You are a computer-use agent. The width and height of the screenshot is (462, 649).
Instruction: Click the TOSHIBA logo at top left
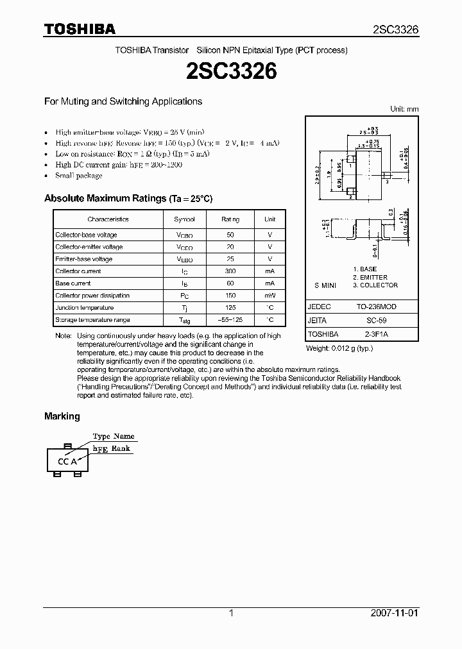click(80, 29)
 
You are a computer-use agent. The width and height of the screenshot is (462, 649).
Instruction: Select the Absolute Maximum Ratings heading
click(128, 199)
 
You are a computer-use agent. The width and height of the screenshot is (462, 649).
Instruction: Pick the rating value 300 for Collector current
click(230, 271)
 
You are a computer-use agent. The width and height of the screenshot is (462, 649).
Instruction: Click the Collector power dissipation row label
click(92, 296)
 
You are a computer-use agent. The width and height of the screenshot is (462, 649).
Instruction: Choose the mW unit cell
click(269, 296)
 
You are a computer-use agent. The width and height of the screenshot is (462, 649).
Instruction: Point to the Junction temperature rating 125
click(230, 308)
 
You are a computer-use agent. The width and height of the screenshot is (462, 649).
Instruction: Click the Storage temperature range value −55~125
click(230, 320)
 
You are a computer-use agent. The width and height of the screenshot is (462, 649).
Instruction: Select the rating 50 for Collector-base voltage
click(230, 235)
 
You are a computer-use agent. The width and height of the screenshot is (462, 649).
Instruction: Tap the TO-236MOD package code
click(377, 307)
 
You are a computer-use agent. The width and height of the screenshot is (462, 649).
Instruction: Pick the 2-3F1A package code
click(377, 334)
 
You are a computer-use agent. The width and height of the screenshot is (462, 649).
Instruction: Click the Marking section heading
click(62, 416)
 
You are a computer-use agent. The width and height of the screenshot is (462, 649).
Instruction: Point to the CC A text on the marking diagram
click(67, 461)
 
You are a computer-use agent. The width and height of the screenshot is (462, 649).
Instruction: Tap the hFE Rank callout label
click(112, 449)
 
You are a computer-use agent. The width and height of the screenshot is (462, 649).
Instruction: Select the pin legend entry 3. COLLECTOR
click(375, 285)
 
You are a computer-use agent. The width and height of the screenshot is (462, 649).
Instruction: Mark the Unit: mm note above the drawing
click(404, 109)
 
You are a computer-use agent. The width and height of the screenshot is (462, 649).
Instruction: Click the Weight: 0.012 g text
click(339, 348)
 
